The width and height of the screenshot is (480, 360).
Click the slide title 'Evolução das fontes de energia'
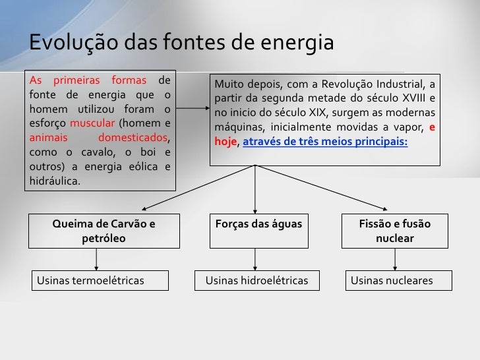coord(182,43)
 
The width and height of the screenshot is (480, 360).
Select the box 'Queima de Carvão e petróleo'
coord(104,230)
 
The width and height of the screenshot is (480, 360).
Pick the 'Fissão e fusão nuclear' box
coord(394,230)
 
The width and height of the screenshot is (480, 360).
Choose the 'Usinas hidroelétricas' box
coord(257,281)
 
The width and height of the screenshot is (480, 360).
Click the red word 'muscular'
coord(92,123)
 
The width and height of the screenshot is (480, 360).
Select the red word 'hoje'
coord(225,142)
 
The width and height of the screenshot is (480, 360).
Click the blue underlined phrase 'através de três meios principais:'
coord(326,142)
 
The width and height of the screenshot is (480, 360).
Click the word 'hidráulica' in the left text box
coord(56,181)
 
